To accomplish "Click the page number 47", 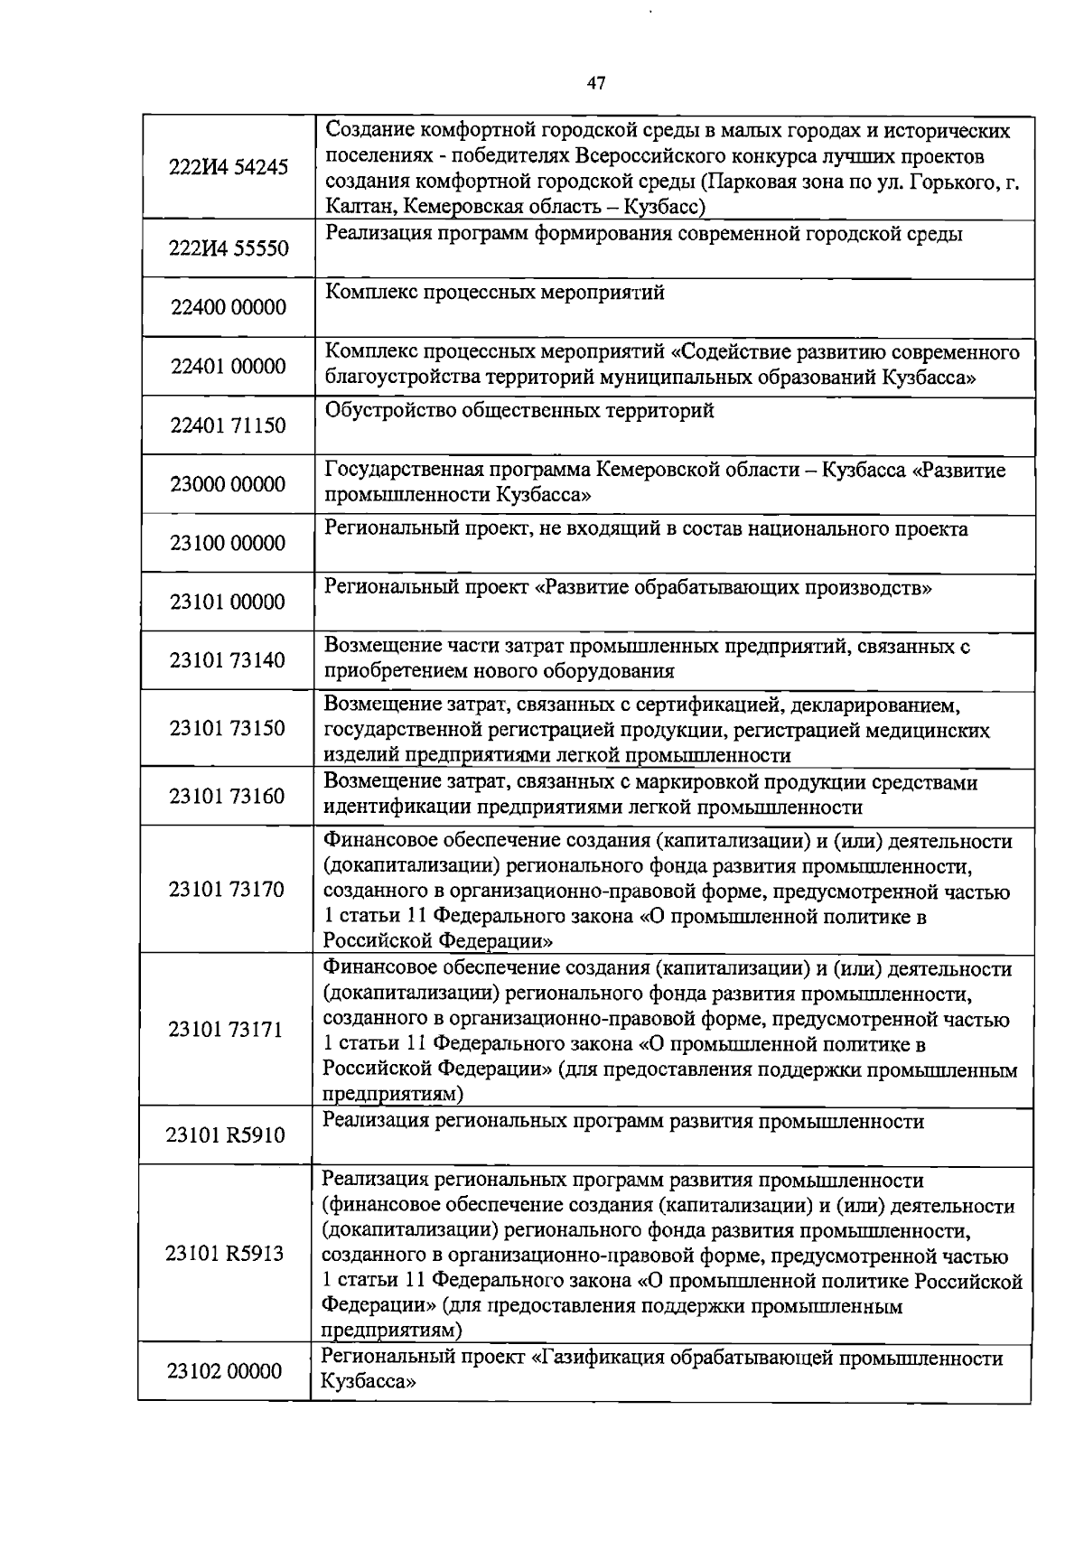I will coord(595,84).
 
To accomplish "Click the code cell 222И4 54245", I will coord(229,167).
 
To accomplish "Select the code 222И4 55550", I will coord(229,247).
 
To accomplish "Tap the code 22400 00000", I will coord(228,307).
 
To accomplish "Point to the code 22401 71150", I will coord(228,425).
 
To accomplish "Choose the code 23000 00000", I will coord(228,484).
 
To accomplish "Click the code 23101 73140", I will coord(227,660).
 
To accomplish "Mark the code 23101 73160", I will coord(227,796).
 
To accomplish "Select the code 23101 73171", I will coord(226,1030).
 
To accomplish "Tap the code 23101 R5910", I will coord(225,1135).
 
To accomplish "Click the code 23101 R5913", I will coord(225,1254).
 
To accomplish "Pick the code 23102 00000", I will coord(224,1371).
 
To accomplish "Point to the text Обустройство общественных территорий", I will coord(519,411).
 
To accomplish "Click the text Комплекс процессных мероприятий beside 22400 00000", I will coord(495,293).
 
